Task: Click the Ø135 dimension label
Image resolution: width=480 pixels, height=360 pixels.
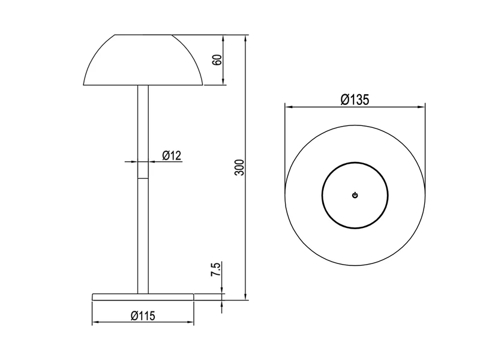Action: point(354,100)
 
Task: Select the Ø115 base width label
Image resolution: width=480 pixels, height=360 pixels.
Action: point(143,316)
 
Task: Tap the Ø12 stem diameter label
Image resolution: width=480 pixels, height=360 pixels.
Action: point(172,155)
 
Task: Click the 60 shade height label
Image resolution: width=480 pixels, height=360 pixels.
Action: point(217,60)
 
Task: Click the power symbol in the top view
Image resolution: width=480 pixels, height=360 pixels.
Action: point(355,195)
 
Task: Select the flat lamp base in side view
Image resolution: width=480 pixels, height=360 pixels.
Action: point(143,296)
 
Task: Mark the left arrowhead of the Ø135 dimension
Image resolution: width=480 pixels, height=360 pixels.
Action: point(288,108)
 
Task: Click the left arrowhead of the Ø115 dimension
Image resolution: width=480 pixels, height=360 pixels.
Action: point(95,323)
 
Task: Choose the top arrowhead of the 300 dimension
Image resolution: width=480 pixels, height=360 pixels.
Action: point(246,37)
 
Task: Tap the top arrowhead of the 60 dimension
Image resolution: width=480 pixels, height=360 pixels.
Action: point(224,37)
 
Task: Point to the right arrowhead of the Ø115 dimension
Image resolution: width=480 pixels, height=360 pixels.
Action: point(191,323)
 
